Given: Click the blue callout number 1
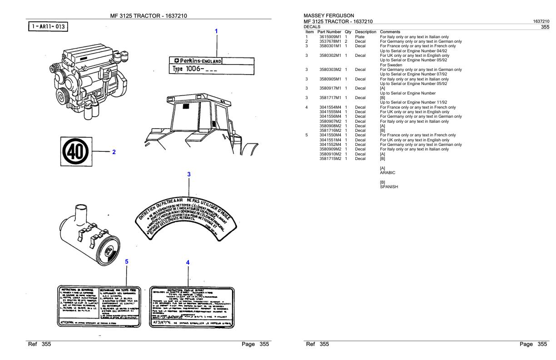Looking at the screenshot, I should pos(216,31).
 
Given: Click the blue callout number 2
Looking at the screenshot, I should pos(114,152).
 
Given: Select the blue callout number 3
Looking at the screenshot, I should pos(189,174).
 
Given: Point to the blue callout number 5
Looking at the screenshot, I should pos(127,261).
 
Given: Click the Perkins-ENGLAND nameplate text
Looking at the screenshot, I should pos(196,61).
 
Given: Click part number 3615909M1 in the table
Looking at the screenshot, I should pos(330,37).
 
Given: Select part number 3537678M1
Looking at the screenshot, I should pos(330,41).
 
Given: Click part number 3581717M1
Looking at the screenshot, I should pos(330,98).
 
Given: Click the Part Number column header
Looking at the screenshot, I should pos(330,32).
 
